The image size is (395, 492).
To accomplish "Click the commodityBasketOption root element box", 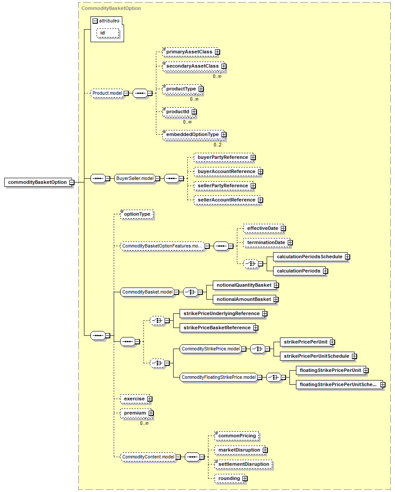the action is click(x=37, y=183).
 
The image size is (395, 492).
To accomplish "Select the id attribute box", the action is click(x=108, y=33).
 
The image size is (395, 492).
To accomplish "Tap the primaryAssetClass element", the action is click(x=190, y=52).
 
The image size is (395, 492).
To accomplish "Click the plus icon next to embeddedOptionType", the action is click(x=224, y=135).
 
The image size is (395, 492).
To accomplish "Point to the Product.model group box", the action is click(x=107, y=93).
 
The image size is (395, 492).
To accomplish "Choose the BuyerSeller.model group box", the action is click(x=135, y=179).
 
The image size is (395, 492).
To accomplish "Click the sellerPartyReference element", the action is click(x=223, y=186).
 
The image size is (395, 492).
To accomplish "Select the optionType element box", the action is click(x=137, y=214).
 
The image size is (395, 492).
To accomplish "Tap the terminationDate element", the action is click(x=266, y=242).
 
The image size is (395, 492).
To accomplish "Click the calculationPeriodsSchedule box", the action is click(x=310, y=257).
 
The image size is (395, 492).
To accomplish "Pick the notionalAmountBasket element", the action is click(x=244, y=299).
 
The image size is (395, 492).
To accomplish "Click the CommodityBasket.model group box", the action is click(x=148, y=292).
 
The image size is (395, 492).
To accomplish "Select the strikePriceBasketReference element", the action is click(x=217, y=328).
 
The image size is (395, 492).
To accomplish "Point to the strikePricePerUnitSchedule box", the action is click(x=317, y=356).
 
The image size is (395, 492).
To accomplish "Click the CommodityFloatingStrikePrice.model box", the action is click(x=219, y=378).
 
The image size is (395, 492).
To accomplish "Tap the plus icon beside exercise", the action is click(x=150, y=399).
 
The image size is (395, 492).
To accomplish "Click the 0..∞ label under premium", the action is click(x=144, y=423).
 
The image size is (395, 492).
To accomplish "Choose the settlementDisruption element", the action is click(x=244, y=464).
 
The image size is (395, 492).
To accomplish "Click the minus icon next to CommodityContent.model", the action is click(x=178, y=457).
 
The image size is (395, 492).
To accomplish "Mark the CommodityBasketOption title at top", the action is click(x=111, y=8).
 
